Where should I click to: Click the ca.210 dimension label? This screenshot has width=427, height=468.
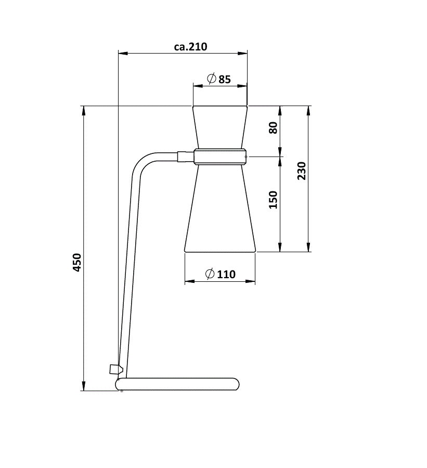190,47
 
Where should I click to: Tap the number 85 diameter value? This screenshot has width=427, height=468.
225,80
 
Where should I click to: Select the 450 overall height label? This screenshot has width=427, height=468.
77,263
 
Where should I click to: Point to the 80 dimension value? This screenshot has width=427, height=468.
273,128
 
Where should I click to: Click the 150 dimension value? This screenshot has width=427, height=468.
273,200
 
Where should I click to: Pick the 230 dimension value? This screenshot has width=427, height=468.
302,171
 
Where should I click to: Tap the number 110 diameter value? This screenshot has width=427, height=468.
226,274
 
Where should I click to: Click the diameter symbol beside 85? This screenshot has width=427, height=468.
211,79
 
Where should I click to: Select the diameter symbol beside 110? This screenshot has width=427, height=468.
210,274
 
